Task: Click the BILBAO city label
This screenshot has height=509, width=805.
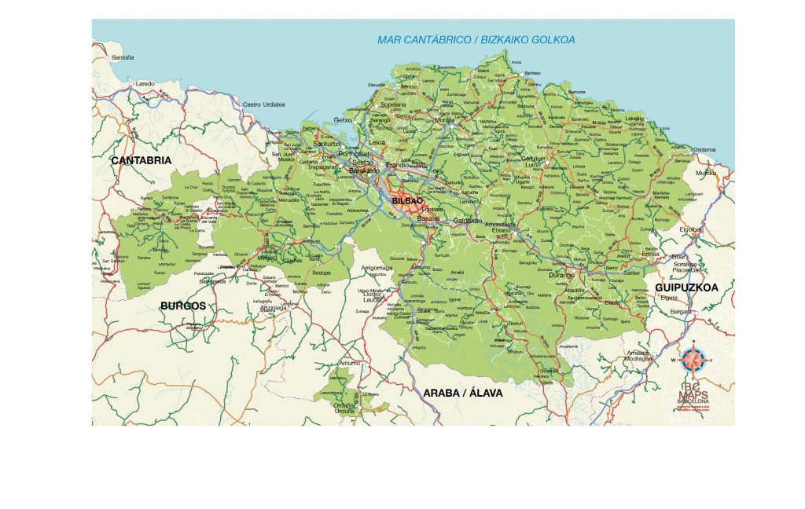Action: coord(407,201)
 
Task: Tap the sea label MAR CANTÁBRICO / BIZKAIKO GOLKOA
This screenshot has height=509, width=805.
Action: coord(476,39)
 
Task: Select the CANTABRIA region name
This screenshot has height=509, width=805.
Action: coord(141,160)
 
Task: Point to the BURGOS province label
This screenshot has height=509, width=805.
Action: coord(182,306)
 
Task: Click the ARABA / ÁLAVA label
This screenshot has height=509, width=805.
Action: coord(462,392)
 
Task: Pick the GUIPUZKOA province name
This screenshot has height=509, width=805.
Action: coord(686,288)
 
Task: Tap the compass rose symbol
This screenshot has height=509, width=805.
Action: coord(693,360)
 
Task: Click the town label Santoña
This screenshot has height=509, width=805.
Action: coord(123,57)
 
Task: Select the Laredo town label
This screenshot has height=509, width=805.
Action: coord(145,82)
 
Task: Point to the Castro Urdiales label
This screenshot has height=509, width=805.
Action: coord(263,104)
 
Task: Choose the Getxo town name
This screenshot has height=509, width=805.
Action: coord(344,120)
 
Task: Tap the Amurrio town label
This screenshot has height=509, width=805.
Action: coord(349,363)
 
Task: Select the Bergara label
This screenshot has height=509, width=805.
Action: coord(681,312)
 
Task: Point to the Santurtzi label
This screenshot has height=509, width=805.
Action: coord(326,144)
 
